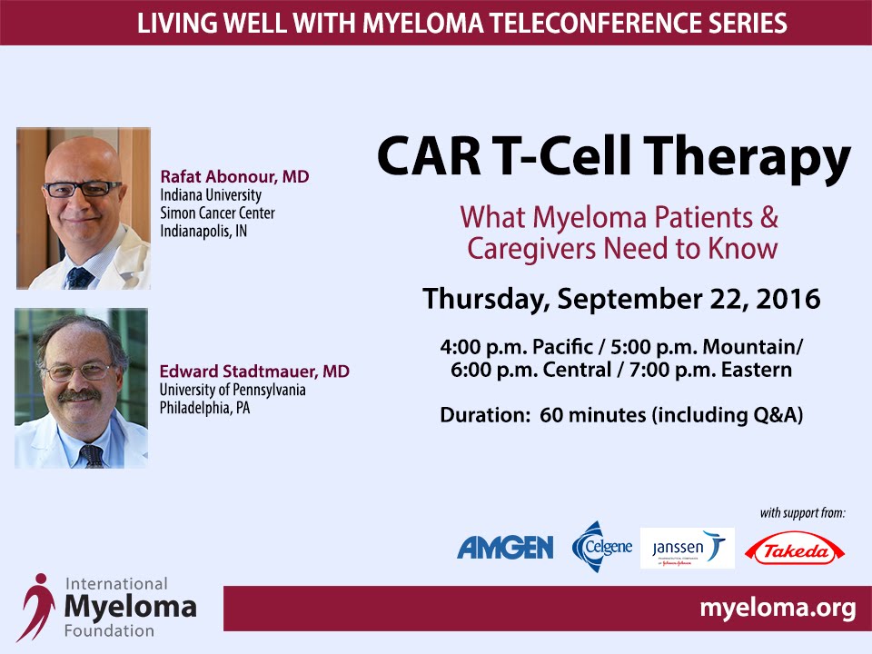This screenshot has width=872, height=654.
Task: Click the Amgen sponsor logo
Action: coord(505,548)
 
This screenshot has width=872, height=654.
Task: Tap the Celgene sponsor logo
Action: coord(602,547)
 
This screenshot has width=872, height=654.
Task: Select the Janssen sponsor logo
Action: coord(688,549)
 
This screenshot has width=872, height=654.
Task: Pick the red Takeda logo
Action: coord(795,550)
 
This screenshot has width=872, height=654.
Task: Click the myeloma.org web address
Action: coord(778,608)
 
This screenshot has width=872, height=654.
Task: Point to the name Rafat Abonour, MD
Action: coord(234,176)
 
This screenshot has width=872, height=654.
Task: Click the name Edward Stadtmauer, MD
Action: coord(254,371)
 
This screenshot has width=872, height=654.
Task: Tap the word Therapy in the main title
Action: coord(747,157)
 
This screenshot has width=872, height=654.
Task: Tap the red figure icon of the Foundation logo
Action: coord(36,607)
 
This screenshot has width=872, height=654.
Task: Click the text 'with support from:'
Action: coord(802,512)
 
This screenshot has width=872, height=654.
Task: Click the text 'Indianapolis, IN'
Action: coord(203,231)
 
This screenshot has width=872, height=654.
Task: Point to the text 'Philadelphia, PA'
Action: coord(204,408)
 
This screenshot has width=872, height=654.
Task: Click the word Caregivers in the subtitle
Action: coord(532,249)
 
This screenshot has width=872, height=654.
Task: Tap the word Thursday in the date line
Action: coord(486,299)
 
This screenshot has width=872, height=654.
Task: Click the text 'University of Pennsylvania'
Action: coord(233,390)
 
